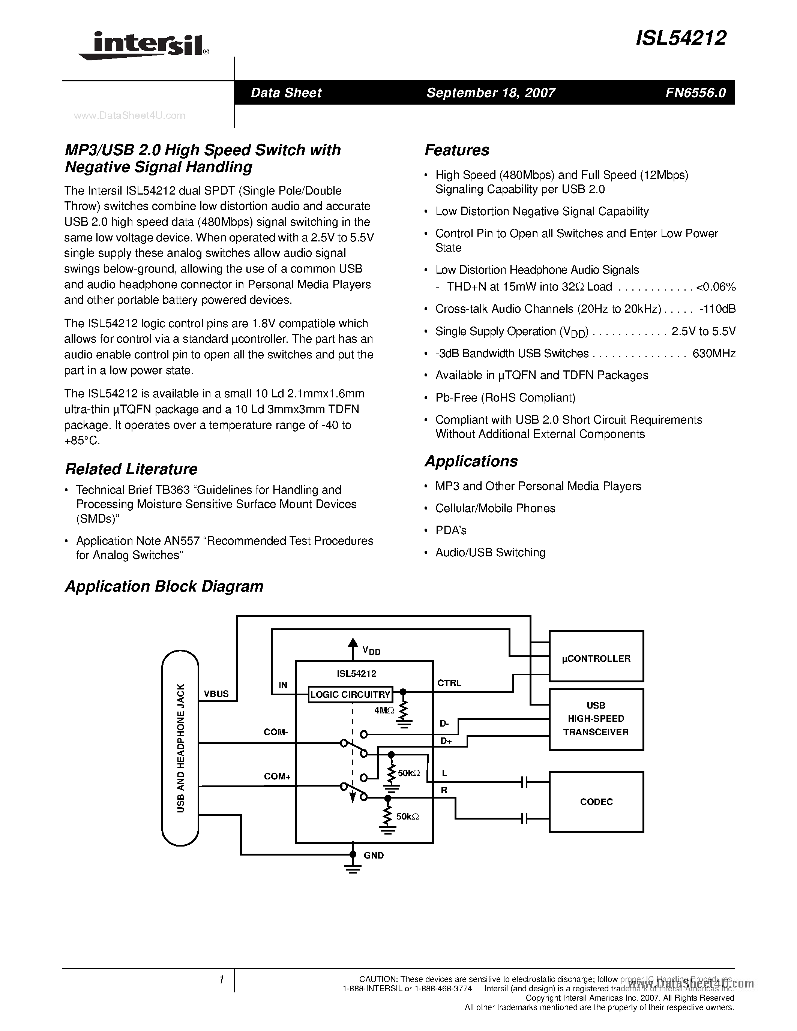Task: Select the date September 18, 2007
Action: click(491, 93)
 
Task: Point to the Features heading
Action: click(456, 150)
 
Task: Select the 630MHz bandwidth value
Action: click(714, 353)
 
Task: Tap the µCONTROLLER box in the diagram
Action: click(596, 658)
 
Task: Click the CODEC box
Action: click(596, 802)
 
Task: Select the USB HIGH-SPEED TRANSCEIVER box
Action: click(596, 718)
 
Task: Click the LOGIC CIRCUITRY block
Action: click(350, 694)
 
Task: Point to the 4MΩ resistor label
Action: click(384, 710)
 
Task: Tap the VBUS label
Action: click(216, 694)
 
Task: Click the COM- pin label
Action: click(276, 732)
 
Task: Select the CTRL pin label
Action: click(449, 683)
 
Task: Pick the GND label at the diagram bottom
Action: click(374, 856)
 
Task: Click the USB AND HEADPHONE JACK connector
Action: click(180, 748)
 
